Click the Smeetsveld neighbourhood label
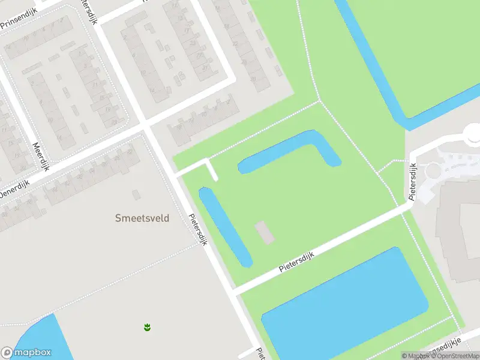click(142, 218)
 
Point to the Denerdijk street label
click(13, 193)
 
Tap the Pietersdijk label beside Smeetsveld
click(197, 230)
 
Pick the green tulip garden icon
click(147, 327)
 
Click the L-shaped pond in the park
click(288, 151)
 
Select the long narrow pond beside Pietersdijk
click(224, 226)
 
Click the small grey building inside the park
click(265, 232)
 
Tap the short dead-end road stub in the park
click(212, 170)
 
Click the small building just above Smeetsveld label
click(136, 194)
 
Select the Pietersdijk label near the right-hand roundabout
click(413, 181)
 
